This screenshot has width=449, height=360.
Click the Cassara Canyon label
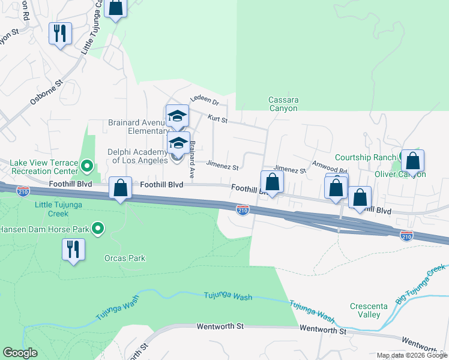click(x=283, y=104)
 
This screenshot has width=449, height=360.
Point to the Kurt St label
click(x=217, y=120)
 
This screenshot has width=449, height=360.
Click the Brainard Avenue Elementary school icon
click(x=177, y=116)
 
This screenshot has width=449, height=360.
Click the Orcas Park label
click(x=128, y=259)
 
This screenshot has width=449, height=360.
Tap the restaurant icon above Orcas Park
click(x=73, y=249)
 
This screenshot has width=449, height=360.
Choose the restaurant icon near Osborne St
click(x=60, y=34)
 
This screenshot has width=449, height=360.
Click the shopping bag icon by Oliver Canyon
click(x=412, y=161)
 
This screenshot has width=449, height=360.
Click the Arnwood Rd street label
click(x=330, y=167)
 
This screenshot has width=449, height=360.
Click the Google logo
click(x=20, y=353)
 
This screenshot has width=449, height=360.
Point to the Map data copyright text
click(x=412, y=355)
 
